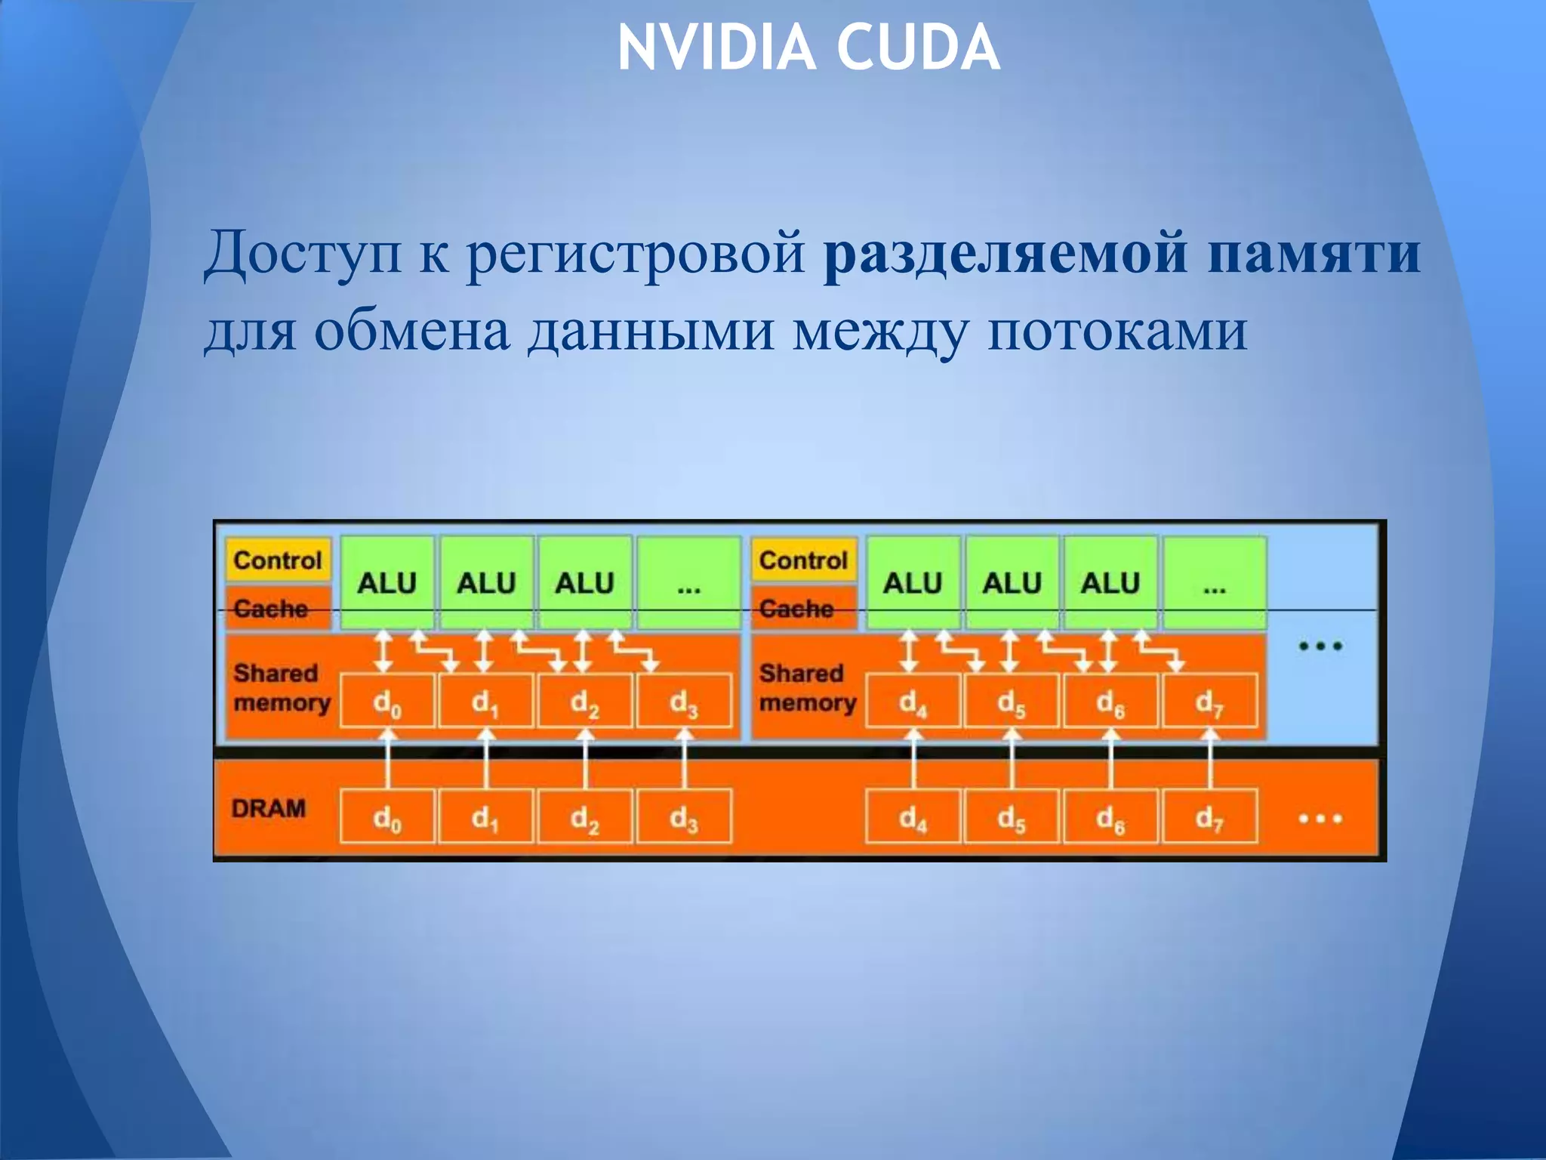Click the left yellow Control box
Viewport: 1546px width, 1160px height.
pos(277,560)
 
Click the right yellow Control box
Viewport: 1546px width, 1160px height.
pos(803,560)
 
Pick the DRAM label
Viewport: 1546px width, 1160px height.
pos(269,809)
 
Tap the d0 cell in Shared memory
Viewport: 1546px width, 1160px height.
pos(386,702)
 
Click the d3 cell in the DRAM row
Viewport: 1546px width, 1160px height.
pos(684,816)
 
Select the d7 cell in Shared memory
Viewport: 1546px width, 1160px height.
pos(1209,702)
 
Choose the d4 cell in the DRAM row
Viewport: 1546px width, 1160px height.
pos(913,816)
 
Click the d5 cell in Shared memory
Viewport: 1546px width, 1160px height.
pos(1012,702)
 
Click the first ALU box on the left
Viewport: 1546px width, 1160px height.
pos(386,582)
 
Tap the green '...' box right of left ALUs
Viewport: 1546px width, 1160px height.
pos(688,582)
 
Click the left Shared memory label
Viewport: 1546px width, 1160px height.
pos(282,687)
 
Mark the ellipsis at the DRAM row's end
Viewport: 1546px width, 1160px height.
pos(1320,818)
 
